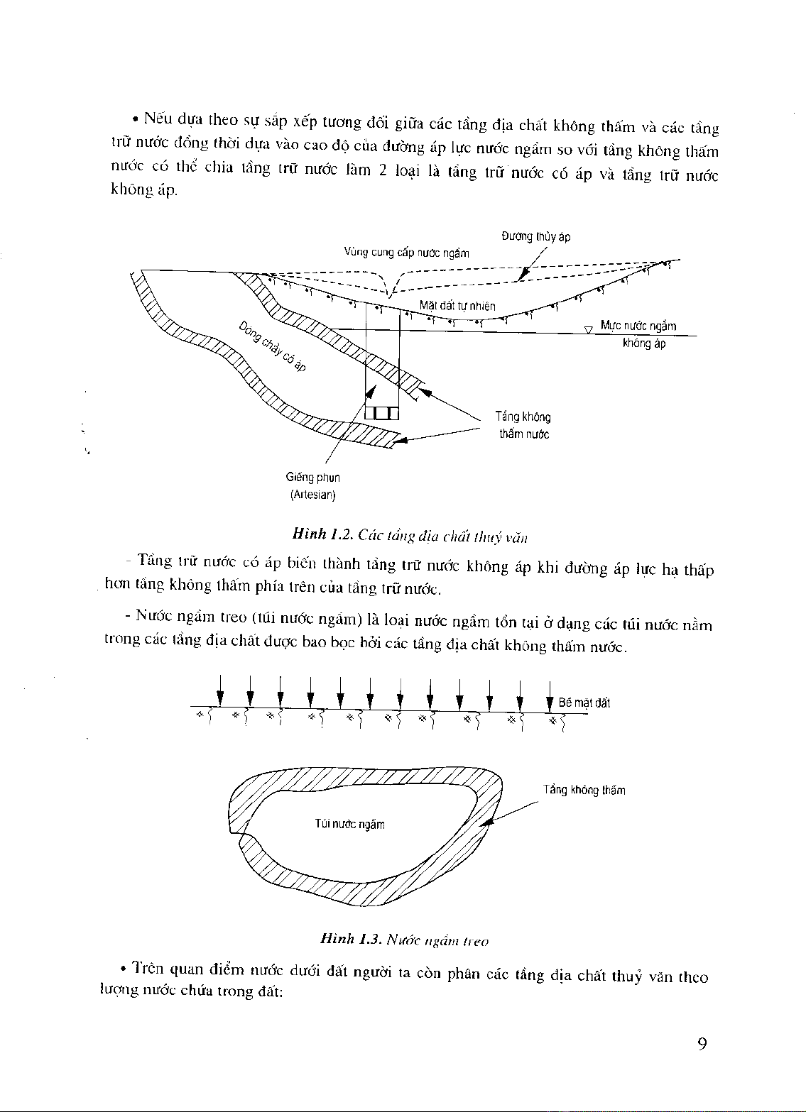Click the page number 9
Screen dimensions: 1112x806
702,1044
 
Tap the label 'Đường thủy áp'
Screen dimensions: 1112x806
535,237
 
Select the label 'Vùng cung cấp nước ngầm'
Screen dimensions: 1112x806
406,253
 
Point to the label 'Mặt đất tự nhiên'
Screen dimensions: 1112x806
457,306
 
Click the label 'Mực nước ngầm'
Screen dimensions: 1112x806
638,326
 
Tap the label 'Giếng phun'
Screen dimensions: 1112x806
312,478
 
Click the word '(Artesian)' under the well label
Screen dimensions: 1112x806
312,495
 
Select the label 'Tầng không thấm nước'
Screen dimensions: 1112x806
524,425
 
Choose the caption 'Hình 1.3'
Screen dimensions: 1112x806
347,940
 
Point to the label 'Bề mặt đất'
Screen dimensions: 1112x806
584,703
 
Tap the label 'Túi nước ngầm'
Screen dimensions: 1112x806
349,825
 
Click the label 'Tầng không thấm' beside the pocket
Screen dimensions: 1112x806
584,790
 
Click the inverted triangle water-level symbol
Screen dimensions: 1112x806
588,329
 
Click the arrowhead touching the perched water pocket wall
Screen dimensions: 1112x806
486,823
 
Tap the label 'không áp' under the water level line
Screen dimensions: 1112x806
644,344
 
